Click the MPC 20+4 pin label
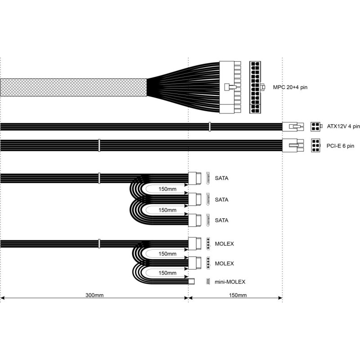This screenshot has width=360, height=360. tap(290, 87)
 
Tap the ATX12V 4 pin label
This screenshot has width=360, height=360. tap(343, 126)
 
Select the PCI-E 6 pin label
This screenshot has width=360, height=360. tap(340, 146)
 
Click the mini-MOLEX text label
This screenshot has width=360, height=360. tap(230, 282)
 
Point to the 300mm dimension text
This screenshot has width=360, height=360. tap(94, 295)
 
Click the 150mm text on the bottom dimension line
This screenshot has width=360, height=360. tap(238, 295)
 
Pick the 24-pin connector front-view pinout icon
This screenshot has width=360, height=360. tap(255, 87)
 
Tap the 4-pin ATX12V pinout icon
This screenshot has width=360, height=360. tap(315, 126)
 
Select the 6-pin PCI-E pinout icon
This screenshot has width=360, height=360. tap(316, 145)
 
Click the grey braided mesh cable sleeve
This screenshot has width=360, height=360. tap(73, 87)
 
